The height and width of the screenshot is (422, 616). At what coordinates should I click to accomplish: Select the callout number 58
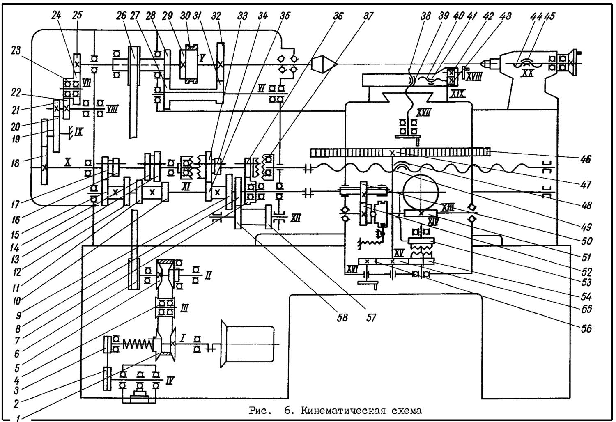click(x=342, y=317)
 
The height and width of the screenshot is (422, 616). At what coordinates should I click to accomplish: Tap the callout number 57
click(x=371, y=317)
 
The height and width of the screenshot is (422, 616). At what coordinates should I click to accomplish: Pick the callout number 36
click(x=338, y=16)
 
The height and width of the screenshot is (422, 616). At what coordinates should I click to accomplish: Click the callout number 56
click(x=586, y=328)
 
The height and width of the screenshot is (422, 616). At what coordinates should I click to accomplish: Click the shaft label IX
click(x=79, y=132)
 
